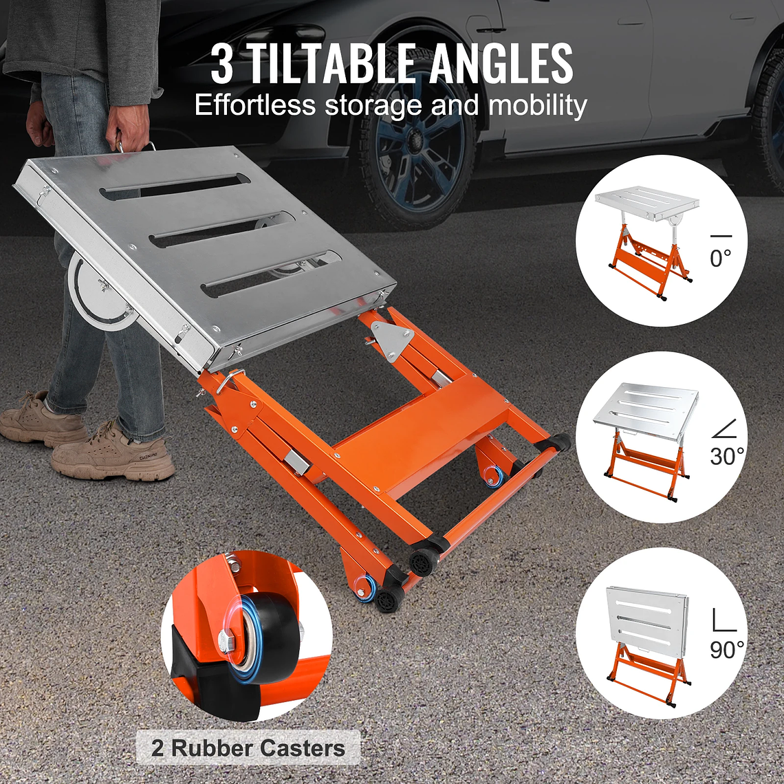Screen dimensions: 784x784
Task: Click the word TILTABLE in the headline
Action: [x=333, y=63]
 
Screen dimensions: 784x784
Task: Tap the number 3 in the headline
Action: [x=222, y=64]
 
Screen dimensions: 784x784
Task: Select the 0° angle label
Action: [x=720, y=258]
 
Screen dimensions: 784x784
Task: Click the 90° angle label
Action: [x=727, y=649]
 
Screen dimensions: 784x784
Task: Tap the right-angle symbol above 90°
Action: [x=723, y=618]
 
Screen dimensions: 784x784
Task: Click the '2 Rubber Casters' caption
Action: [x=248, y=748]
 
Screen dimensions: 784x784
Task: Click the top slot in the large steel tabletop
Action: [x=175, y=187]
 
